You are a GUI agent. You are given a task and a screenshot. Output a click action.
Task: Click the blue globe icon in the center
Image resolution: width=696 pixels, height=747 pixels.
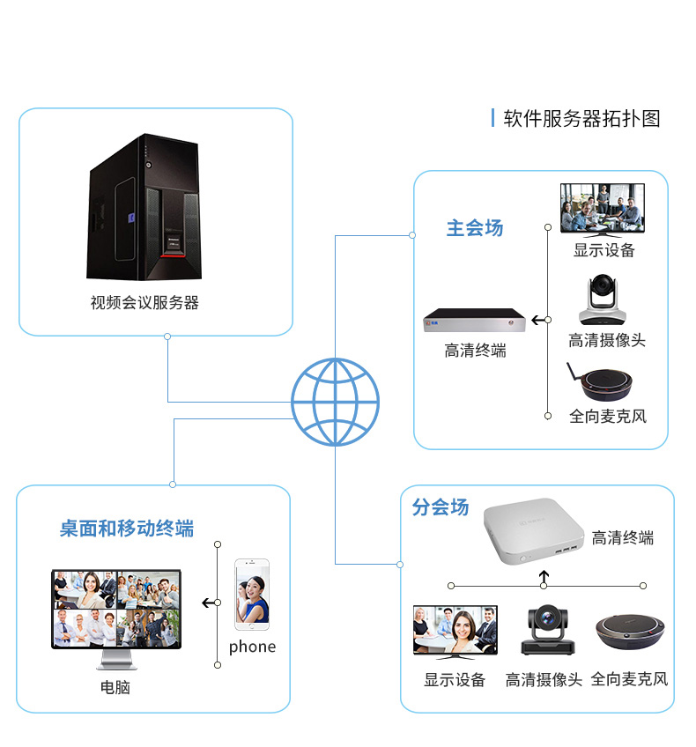pos(335,402)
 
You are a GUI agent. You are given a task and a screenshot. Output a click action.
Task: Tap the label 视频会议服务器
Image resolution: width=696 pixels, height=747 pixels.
pos(144,303)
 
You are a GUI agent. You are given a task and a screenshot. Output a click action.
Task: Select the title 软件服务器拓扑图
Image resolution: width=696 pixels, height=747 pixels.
pos(581,119)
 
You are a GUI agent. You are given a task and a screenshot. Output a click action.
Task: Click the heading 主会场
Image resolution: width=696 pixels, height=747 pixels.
pos(475,228)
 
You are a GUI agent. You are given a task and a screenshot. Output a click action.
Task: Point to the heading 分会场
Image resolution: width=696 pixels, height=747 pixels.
pos(441,507)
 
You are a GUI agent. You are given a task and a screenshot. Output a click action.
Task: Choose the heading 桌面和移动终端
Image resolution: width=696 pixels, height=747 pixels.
pos(127,529)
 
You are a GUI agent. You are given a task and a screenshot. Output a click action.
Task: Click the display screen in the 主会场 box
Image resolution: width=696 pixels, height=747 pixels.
pos(603,208)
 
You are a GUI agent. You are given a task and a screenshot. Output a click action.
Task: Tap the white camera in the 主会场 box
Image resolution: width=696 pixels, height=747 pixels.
pos(603,300)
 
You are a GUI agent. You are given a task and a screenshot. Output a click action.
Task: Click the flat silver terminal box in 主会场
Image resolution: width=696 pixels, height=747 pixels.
pos(478,322)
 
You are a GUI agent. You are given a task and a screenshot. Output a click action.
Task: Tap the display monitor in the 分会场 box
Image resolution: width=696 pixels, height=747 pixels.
pos(455,632)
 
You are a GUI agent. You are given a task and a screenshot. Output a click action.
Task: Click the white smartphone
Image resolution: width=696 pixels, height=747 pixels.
pos(251,594)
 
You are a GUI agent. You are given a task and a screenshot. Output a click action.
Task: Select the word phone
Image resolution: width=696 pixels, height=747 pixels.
pos(252,647)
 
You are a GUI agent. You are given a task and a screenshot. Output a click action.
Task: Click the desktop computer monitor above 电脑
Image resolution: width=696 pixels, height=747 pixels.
pos(115,610)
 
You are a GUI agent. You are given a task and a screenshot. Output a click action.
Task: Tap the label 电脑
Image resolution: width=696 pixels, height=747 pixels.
pos(115,687)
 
